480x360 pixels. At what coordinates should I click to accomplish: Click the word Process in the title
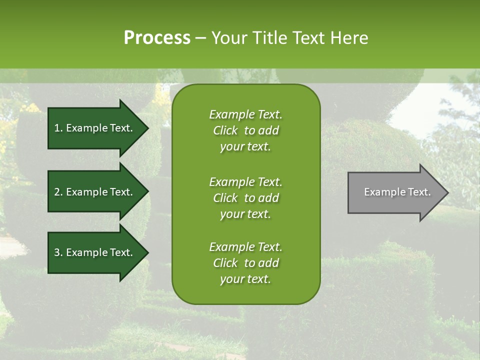[157, 37]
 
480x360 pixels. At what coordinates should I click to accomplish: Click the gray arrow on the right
[395, 192]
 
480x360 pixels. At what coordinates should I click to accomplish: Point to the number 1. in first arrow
[58, 128]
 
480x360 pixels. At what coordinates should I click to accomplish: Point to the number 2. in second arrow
[58, 192]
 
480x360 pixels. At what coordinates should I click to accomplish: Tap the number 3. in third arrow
[58, 252]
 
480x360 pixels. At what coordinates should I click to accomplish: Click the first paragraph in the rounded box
[245, 130]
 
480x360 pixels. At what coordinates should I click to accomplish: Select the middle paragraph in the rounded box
[245, 198]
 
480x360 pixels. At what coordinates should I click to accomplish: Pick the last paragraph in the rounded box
[245, 263]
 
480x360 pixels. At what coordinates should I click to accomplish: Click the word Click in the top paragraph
[225, 130]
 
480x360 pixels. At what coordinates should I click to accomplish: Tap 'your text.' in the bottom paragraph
[245, 279]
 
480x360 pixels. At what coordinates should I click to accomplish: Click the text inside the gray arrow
[397, 192]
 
